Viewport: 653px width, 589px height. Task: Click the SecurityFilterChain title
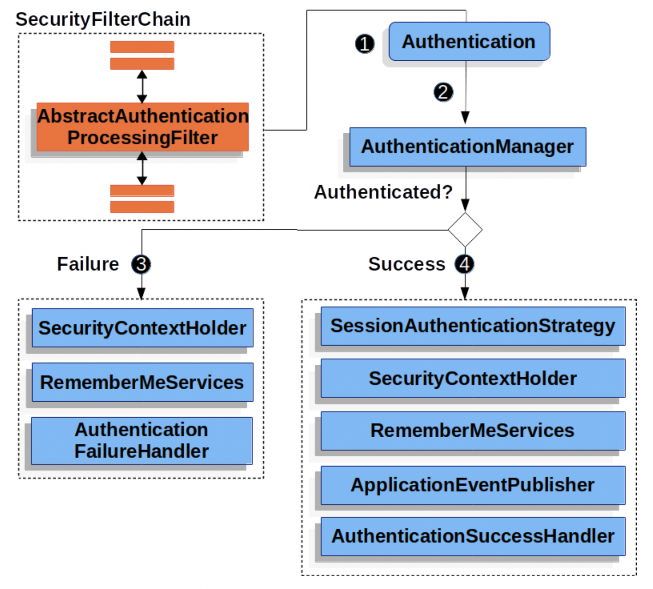coord(103,19)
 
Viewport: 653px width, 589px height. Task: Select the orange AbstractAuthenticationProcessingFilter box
coord(143,127)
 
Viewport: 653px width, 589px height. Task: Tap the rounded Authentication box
coord(469,41)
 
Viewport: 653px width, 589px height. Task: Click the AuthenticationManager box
coord(468,147)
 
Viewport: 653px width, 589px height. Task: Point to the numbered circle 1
coord(365,43)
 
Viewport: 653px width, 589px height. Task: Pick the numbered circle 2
coord(443,92)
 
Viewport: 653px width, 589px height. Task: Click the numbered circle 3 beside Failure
coord(141,264)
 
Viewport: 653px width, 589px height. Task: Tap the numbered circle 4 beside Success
coord(464,264)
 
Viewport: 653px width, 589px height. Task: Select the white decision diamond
coord(465,230)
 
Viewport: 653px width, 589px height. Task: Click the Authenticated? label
coord(383,192)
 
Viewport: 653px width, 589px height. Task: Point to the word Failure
coord(88,264)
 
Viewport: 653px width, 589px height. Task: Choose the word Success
coord(406,264)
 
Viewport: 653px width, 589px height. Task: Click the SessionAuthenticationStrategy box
coord(473,326)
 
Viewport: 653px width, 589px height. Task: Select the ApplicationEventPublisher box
coord(473,485)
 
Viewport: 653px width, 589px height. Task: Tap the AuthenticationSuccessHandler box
coord(473,536)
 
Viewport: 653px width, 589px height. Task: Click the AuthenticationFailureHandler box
coord(142,441)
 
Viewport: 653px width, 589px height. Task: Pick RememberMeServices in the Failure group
coord(143,382)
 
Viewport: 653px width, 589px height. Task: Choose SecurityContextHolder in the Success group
coord(473,378)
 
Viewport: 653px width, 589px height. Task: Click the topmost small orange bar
coord(142,47)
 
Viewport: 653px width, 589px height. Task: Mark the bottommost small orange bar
coord(142,207)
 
